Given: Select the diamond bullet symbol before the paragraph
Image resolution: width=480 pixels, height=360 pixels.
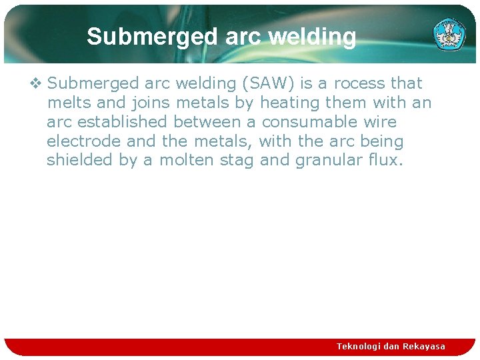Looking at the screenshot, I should pos(35,83).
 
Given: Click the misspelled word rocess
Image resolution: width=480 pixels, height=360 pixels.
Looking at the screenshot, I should pos(359,83).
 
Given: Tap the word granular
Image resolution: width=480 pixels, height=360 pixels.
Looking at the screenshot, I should pos(327,161).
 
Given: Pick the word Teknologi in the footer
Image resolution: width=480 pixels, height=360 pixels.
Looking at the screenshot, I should pos(358,346).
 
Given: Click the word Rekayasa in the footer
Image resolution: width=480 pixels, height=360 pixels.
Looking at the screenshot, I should pos(423,346).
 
